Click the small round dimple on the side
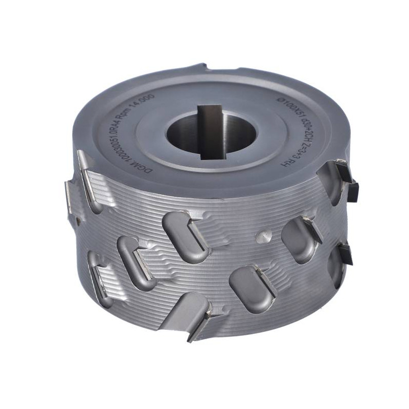tap(264, 236)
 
